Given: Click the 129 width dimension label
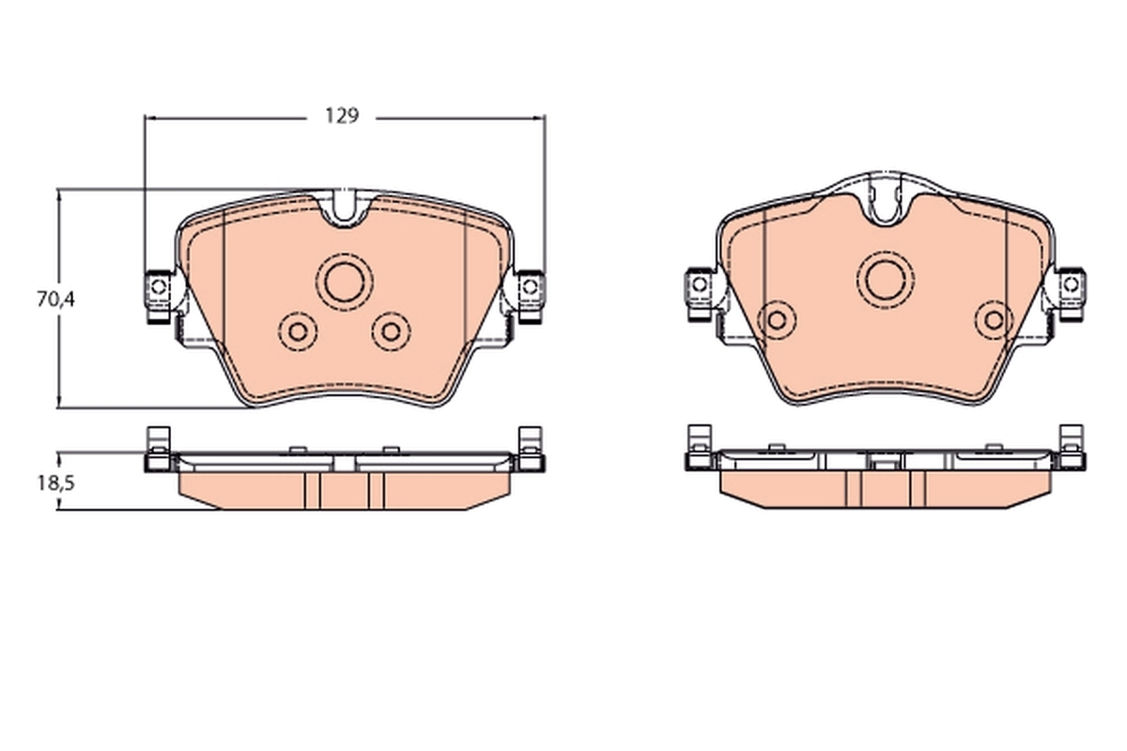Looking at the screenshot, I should point(343,117).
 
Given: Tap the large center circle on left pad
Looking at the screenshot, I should point(344,280).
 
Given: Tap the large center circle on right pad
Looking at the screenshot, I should point(886,279).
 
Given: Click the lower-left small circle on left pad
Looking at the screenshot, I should point(299,330).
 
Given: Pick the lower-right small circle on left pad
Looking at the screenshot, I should point(390,330).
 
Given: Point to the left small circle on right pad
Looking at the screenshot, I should point(777,320).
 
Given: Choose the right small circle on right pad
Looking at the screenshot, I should point(993,320).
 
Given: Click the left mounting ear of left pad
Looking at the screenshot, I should point(158,285).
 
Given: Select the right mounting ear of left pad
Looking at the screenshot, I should point(531,285).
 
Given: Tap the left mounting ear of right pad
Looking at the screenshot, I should point(699,284).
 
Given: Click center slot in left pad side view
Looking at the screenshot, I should point(345,464).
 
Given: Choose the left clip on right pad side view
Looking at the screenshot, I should point(698,448).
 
